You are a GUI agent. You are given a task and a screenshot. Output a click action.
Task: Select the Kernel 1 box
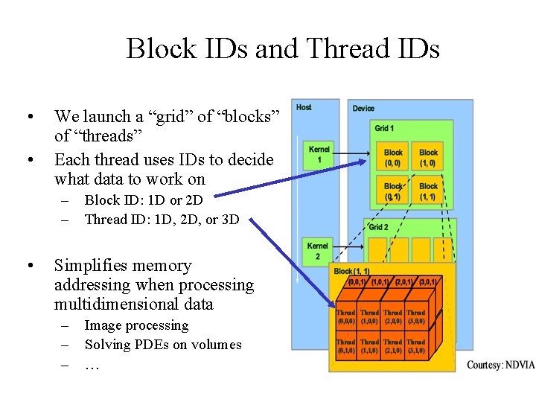[x=319, y=155]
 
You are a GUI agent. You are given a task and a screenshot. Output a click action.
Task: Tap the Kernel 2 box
[x=317, y=250]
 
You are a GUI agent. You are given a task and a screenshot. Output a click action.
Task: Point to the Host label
[x=304, y=108]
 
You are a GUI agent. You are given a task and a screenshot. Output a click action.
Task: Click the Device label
[x=363, y=109]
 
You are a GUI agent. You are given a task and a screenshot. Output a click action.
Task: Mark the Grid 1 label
[x=384, y=129]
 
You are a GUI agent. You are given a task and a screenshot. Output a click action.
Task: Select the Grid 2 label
[x=378, y=227]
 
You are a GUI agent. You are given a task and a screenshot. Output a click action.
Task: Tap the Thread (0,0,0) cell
[x=346, y=318]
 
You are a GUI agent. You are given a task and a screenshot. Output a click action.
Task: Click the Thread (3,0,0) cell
[x=415, y=318]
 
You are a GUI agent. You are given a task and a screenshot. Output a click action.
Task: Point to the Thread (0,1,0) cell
[x=346, y=346]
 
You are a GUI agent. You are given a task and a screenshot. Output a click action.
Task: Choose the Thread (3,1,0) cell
[x=415, y=346]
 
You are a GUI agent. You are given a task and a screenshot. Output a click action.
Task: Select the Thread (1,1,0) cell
[x=369, y=346]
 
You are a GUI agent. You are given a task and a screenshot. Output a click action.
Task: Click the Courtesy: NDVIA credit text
[x=500, y=365]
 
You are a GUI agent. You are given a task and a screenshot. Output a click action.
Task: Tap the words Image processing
[x=136, y=325]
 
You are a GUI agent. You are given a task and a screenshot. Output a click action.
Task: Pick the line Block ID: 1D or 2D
[x=144, y=200]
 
